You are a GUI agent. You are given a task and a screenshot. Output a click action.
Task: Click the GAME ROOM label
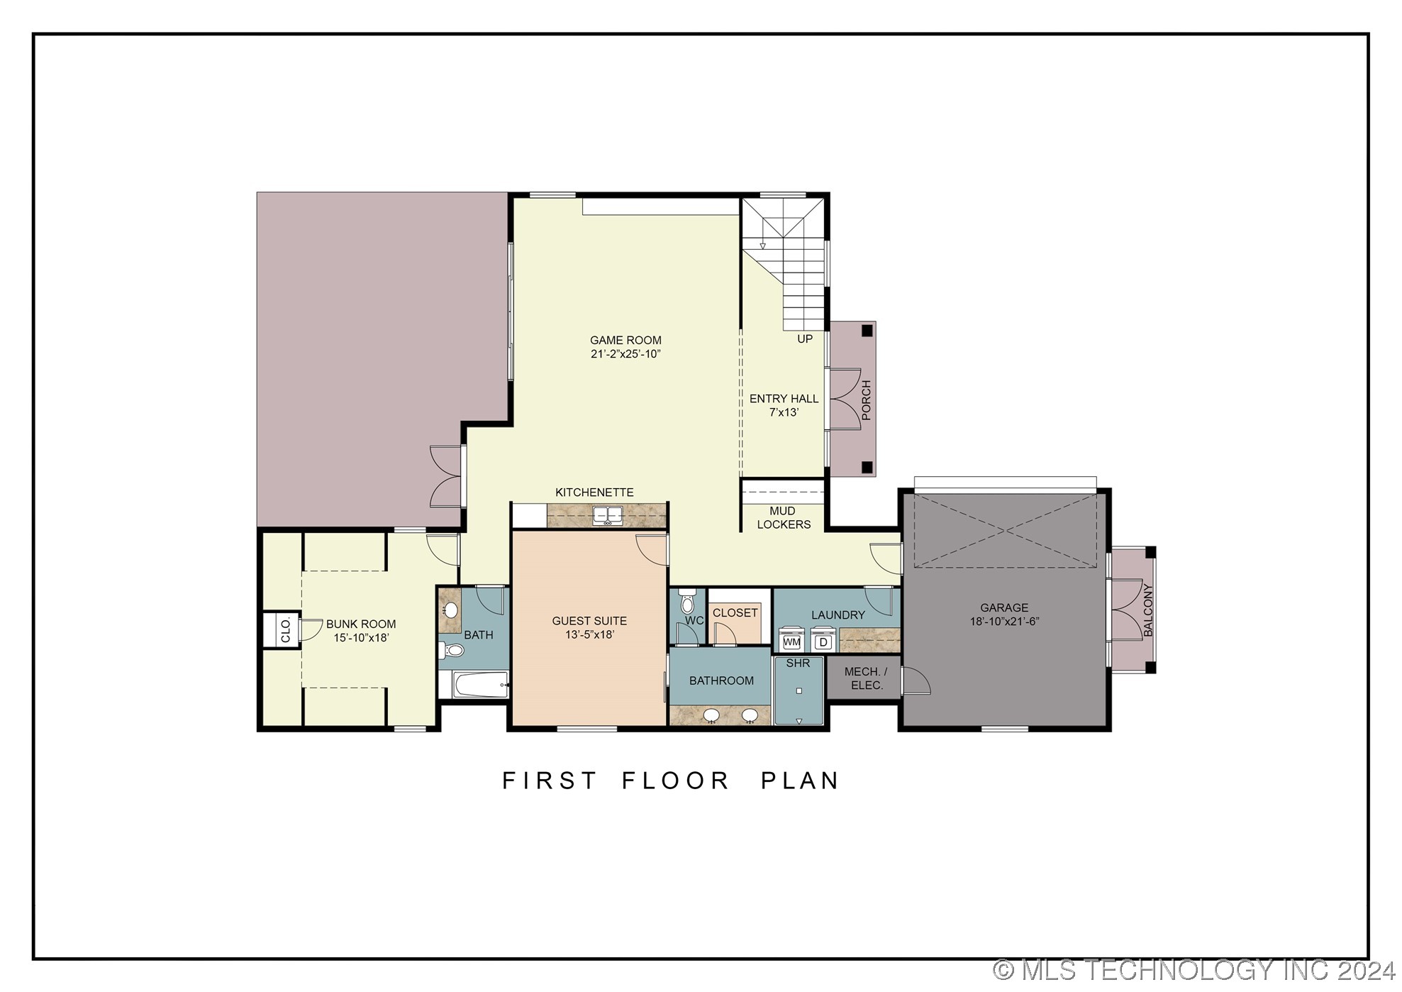625,341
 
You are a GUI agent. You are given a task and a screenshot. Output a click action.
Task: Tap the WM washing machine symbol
791,642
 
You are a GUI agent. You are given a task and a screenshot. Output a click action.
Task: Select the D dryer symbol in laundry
823,642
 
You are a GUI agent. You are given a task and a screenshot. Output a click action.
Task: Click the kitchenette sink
608,515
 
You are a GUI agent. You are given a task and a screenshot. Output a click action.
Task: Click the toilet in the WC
686,604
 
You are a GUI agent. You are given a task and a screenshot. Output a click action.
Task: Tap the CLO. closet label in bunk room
286,630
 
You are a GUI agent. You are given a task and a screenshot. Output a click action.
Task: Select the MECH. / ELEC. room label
865,678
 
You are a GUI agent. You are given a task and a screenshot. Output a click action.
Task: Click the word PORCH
866,400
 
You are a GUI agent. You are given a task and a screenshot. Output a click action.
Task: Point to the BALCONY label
1148,610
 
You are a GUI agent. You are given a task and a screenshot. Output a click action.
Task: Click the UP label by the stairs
804,339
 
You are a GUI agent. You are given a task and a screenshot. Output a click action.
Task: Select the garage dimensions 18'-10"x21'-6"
1004,622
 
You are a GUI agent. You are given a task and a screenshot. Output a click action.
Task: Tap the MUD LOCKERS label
783,518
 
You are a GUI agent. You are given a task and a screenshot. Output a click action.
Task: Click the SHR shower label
798,663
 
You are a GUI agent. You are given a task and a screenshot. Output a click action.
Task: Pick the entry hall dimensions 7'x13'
784,412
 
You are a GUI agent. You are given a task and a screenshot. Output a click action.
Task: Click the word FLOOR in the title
676,781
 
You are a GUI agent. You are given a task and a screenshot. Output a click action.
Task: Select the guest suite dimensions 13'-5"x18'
589,634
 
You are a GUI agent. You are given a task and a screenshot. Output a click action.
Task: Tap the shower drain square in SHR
799,690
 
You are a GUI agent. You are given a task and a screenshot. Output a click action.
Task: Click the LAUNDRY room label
838,615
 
